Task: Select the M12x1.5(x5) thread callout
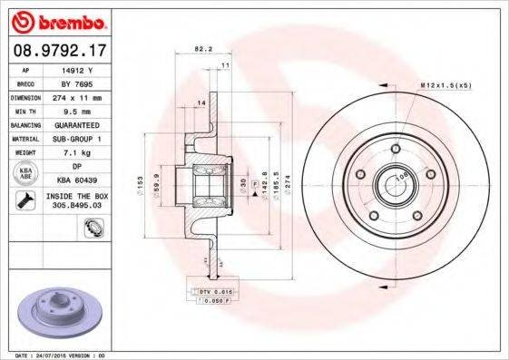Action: pyautogui.click(x=444, y=85)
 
